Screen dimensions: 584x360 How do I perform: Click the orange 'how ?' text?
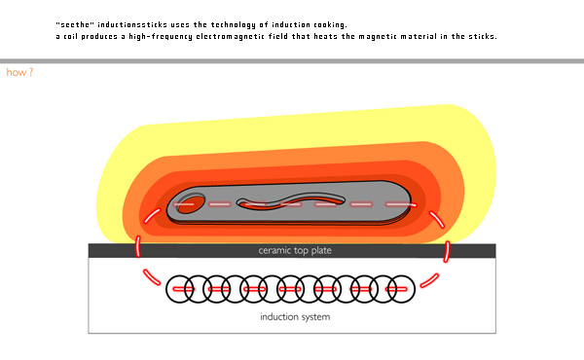[19, 72]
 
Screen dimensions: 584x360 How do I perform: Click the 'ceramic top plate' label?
[295, 251]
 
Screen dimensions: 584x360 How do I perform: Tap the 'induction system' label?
[295, 317]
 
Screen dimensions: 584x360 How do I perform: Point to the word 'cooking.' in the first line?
[330, 24]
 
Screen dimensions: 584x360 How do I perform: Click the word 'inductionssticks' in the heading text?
[132, 24]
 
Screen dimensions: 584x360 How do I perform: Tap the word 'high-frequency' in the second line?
[161, 36]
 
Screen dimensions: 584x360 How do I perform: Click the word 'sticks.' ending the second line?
[483, 36]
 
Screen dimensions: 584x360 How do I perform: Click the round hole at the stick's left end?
[191, 203]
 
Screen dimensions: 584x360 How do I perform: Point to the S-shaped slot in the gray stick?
[291, 201]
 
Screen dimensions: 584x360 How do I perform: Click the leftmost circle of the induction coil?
[180, 289]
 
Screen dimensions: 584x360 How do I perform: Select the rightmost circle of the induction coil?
[401, 289]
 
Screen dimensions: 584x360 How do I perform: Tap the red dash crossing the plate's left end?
[138, 246]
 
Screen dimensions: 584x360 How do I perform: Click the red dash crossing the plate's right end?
[447, 251]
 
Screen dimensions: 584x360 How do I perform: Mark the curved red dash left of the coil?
[151, 277]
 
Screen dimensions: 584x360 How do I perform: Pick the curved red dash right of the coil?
[429, 281]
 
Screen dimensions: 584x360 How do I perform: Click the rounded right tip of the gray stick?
[411, 201]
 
